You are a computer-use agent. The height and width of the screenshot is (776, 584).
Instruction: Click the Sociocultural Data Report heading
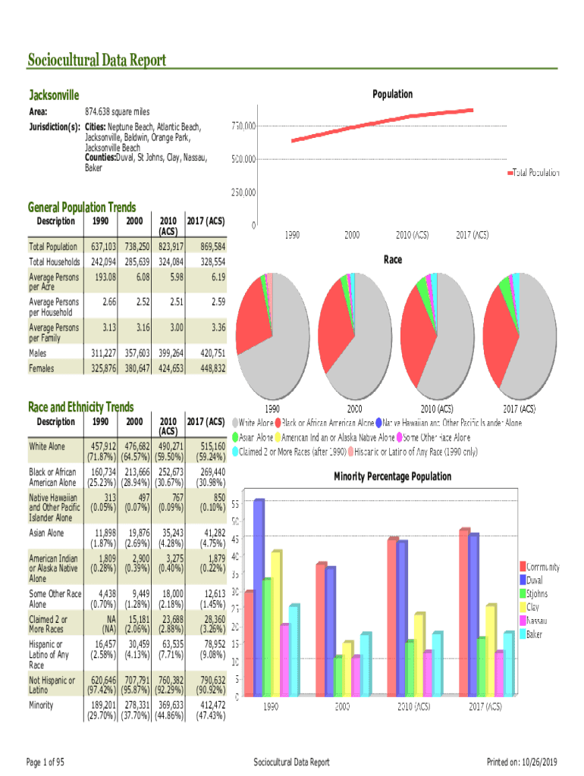pos(97,61)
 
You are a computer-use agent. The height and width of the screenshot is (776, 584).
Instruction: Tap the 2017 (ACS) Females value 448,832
pos(209,368)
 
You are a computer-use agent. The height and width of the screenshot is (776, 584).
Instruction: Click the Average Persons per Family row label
pos(54,333)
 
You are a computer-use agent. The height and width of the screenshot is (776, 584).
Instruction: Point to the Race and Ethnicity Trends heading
pos(80,407)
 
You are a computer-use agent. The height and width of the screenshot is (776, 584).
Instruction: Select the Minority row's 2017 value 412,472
pos(209,705)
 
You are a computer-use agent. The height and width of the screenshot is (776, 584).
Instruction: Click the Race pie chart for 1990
pos(273,336)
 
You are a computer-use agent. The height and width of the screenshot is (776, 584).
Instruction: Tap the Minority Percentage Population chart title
pos(392,477)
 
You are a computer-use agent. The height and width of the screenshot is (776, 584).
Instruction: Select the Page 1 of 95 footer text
pos(45,762)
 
